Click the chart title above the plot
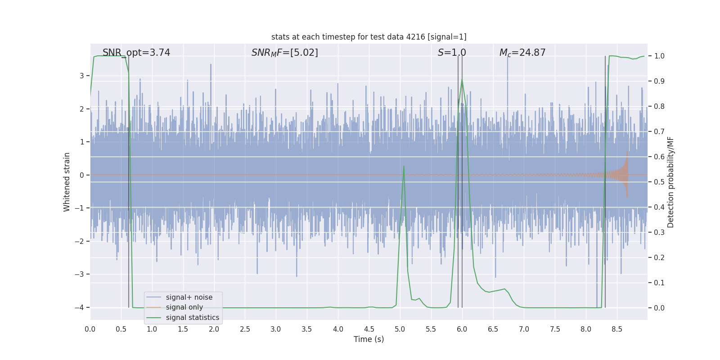[369, 37]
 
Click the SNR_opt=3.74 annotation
[136, 53]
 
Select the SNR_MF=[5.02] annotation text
[284, 53]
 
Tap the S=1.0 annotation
[452, 53]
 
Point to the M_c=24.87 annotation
[522, 53]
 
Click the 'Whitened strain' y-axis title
[67, 182]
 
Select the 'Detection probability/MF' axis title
[670, 182]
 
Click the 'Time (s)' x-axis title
[369, 339]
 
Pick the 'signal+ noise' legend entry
[189, 297]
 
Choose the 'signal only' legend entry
[184, 307]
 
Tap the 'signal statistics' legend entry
[192, 318]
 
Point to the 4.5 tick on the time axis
[369, 329]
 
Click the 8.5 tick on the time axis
[616, 329]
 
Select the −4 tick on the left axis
[81, 307]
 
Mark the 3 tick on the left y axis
[82, 76]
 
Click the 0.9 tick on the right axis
[659, 81]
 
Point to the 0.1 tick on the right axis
[659, 283]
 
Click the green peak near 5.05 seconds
[404, 166]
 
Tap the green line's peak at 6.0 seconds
[462, 80]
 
